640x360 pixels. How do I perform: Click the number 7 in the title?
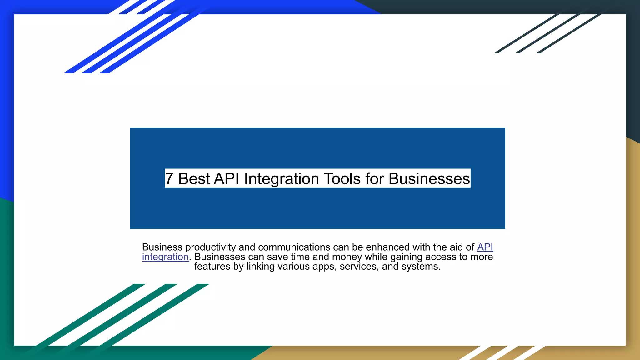pos(169,179)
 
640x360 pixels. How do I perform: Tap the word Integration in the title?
pos(282,179)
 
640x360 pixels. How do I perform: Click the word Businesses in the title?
pos(429,179)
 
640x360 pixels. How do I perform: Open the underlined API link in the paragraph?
pos(485,247)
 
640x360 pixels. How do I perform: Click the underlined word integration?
pos(165,257)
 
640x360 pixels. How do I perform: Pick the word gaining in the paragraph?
pos(406,257)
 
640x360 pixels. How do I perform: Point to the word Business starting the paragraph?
pos(162,247)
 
